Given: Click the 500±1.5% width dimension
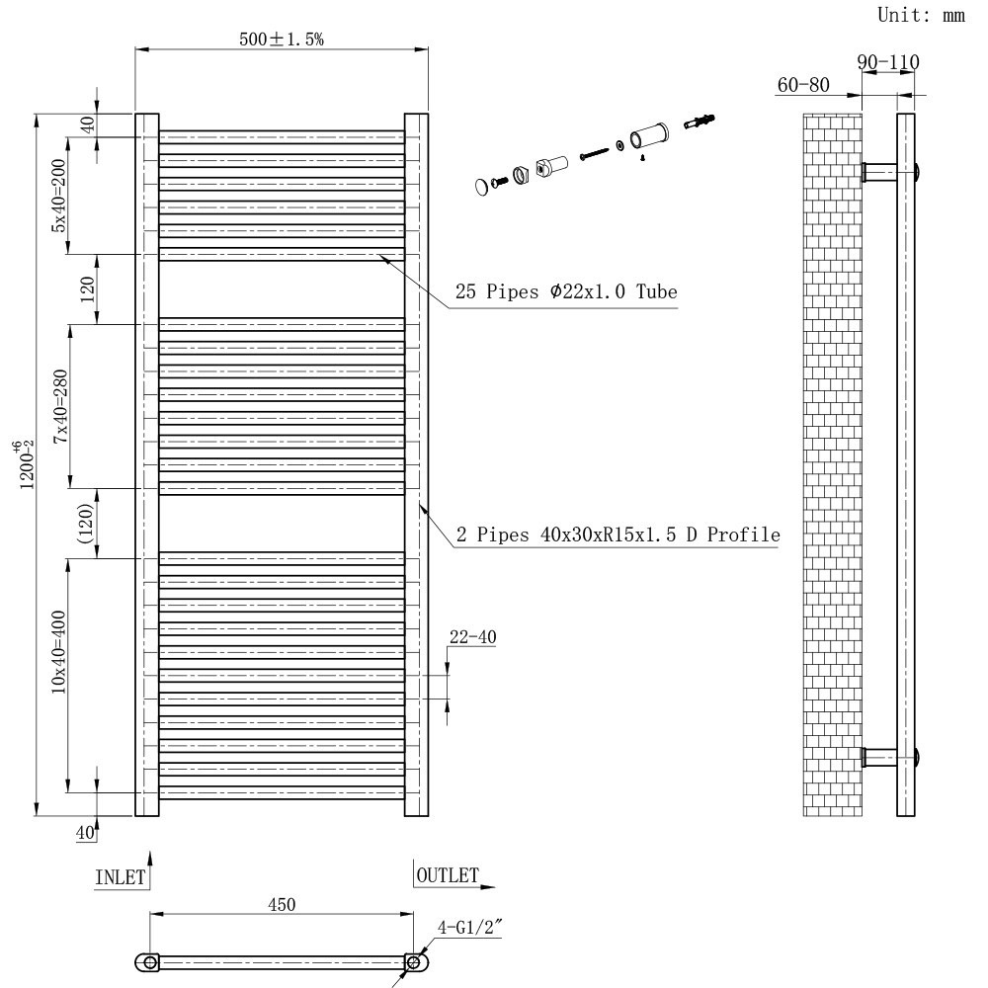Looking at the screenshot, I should pyautogui.click(x=283, y=39).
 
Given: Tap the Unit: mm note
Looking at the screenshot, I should pyautogui.click(x=920, y=16).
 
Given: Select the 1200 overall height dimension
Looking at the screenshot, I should pyautogui.click(x=27, y=464).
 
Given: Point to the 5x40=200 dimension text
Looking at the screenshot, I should pyautogui.click(x=59, y=195).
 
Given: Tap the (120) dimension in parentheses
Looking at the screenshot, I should pyautogui.click(x=87, y=524).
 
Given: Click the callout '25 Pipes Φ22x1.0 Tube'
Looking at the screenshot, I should pyautogui.click(x=565, y=292).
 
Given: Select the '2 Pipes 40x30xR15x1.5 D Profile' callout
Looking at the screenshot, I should pyautogui.click(x=617, y=535).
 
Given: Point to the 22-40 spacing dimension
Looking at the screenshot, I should pyautogui.click(x=472, y=637).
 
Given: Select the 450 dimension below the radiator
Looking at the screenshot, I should pyautogui.click(x=282, y=903).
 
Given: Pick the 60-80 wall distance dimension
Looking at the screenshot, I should pyautogui.click(x=803, y=86).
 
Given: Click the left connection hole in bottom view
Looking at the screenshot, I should pyautogui.click(x=148, y=961).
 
